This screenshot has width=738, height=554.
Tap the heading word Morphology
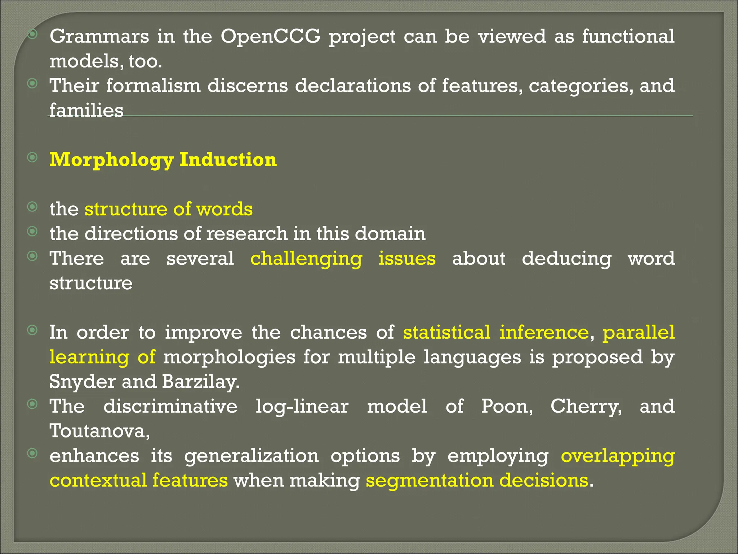[111, 160]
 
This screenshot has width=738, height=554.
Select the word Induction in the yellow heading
[228, 160]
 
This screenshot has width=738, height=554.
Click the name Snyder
[83, 382]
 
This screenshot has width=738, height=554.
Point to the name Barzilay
[200, 382]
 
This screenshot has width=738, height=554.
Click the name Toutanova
[99, 431]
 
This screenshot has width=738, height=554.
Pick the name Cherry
[586, 406]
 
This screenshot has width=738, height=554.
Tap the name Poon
[507, 406]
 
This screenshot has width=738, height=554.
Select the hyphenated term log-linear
[302, 406]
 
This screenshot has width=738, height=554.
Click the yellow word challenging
[306, 259]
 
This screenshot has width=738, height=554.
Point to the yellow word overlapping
[618, 456]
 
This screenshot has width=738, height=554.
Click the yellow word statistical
[446, 332]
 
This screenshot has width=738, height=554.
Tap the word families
[86, 110]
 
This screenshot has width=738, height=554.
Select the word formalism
[153, 86]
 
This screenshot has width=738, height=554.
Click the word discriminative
[170, 406]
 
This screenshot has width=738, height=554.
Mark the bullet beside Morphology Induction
[32, 157]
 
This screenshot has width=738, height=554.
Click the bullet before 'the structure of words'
[32, 207]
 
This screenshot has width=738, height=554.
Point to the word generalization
[252, 456]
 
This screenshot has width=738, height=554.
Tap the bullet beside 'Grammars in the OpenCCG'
[32, 34]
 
